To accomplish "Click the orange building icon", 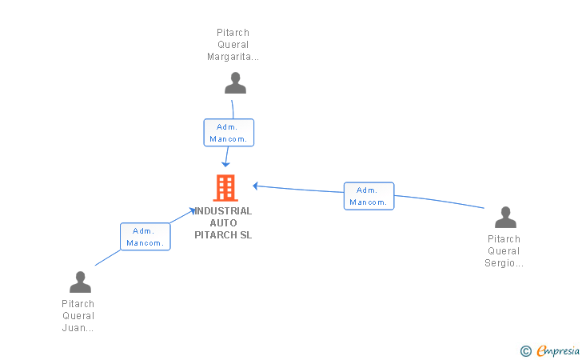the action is click(225, 188).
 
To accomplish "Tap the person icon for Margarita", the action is click(235, 83).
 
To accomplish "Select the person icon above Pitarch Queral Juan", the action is click(80, 282).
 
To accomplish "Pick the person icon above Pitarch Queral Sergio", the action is click(505, 218).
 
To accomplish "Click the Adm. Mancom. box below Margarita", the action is click(229, 133).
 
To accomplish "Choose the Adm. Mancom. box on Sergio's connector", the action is click(369, 196).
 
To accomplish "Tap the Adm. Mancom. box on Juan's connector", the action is click(145, 237).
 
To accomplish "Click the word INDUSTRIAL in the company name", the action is click(223, 211).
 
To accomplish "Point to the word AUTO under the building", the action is click(224, 223).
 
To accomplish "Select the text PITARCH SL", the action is click(223, 234).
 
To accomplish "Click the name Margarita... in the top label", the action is click(233, 57).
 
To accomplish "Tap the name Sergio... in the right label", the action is click(504, 263).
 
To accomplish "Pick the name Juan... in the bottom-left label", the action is click(78, 328).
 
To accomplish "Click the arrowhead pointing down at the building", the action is click(225, 164).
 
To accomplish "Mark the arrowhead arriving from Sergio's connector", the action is click(256, 186).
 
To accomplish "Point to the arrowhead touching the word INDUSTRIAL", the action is click(192, 210).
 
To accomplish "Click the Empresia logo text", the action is click(558, 350).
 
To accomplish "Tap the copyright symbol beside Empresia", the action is click(526, 351).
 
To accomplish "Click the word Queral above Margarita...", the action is click(233, 45).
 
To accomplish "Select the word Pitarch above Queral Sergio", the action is click(504, 239).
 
